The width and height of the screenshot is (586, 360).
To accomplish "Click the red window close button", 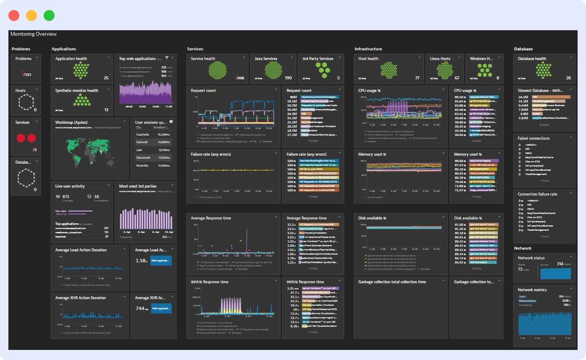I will click(14, 16).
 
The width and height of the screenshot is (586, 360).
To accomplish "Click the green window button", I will click(49, 16).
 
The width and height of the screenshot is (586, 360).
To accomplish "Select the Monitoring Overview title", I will click(34, 34).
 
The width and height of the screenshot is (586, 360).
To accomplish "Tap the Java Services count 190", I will click(288, 78).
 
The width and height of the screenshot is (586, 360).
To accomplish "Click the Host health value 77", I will click(417, 78).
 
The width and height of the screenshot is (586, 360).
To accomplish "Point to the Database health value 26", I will click(568, 78).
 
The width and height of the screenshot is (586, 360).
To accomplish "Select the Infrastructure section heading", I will click(368, 49).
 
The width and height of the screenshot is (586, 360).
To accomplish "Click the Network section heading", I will click(523, 248).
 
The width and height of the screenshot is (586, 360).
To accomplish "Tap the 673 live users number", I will click(65, 196).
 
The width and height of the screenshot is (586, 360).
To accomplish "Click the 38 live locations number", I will click(97, 196).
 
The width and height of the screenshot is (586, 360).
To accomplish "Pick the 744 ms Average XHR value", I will click(141, 308).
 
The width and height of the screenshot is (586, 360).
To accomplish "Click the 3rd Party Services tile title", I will click(318, 59).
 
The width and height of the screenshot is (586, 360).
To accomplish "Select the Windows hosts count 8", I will click(498, 78).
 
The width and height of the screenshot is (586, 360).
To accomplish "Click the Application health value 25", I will click(106, 78).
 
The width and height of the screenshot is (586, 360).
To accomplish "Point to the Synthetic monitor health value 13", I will click(106, 110).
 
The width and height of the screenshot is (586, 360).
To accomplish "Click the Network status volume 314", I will click(560, 264).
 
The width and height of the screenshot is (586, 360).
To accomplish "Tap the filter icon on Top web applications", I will click(167, 58).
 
